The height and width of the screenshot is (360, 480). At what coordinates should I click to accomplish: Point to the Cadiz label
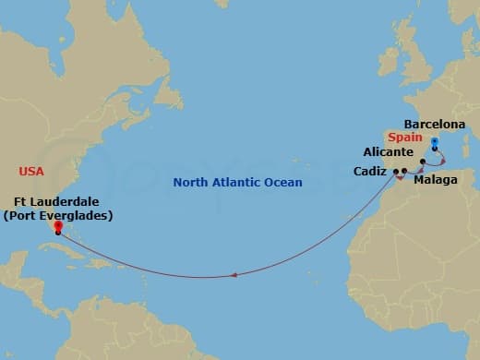(x=370, y=171)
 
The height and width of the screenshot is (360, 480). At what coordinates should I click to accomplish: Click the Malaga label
(x=435, y=180)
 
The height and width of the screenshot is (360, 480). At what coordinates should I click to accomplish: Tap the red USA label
(x=31, y=171)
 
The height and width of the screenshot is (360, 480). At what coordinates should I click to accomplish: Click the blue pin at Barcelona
(x=435, y=143)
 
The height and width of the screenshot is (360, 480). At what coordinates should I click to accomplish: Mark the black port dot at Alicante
(x=422, y=162)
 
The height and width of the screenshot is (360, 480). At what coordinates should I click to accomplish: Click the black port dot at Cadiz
(x=396, y=172)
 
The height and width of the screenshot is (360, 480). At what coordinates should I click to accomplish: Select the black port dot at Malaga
(x=405, y=172)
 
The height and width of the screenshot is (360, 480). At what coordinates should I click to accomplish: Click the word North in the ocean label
(x=192, y=182)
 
